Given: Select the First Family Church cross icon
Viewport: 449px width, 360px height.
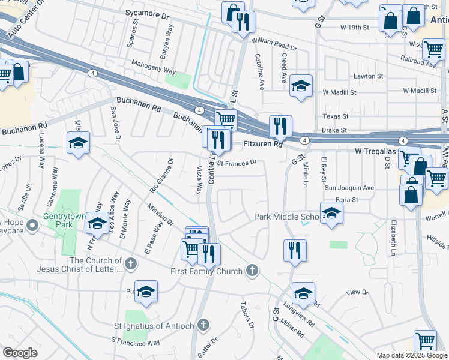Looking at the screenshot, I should click(252, 271).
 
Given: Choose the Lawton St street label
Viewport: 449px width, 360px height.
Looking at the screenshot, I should click(368, 76).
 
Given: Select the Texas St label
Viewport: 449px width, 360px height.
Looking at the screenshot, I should click(336, 116).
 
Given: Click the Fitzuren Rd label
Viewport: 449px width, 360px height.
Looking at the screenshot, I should click(264, 145).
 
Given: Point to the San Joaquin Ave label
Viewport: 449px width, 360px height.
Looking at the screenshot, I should click(349, 188).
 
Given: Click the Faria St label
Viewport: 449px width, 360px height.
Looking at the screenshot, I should click(347, 199).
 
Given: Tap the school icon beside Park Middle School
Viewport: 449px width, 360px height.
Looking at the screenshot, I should click(331, 212).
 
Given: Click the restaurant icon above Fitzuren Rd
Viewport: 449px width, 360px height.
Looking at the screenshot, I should click(280, 127).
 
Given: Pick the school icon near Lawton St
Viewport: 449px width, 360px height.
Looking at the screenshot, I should click(301, 86).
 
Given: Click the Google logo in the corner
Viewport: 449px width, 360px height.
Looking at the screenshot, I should click(20, 353).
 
